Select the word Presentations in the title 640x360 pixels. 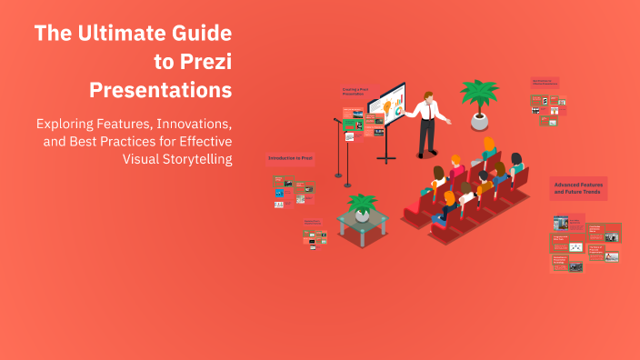pos(160,91)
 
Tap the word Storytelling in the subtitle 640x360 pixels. pos(195,159)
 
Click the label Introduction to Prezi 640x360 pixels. pos(290,158)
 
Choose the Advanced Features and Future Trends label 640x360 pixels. pos(578,189)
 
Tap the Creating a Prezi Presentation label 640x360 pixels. pos(356,92)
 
